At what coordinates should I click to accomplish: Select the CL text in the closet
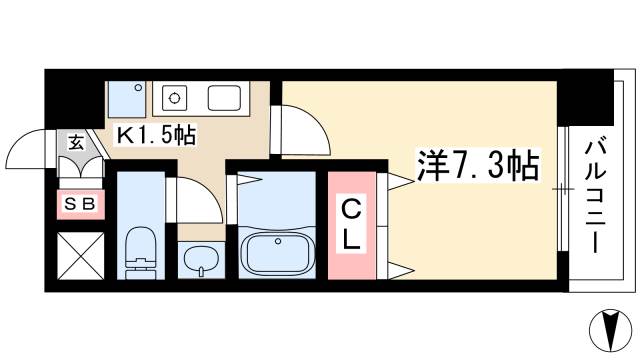[x=351, y=225]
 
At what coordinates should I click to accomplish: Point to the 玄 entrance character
[x=77, y=142]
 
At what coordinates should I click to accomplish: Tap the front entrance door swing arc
[x=27, y=150]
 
